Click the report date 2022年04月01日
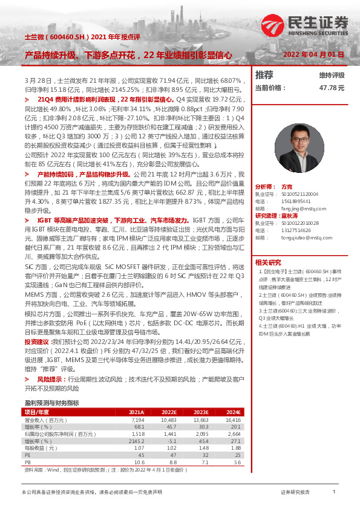[314, 54]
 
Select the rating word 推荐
[264, 76]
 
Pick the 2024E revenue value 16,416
[232, 419]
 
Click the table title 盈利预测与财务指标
[51, 403]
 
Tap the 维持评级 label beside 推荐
[332, 76]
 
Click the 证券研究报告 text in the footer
[295, 493]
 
